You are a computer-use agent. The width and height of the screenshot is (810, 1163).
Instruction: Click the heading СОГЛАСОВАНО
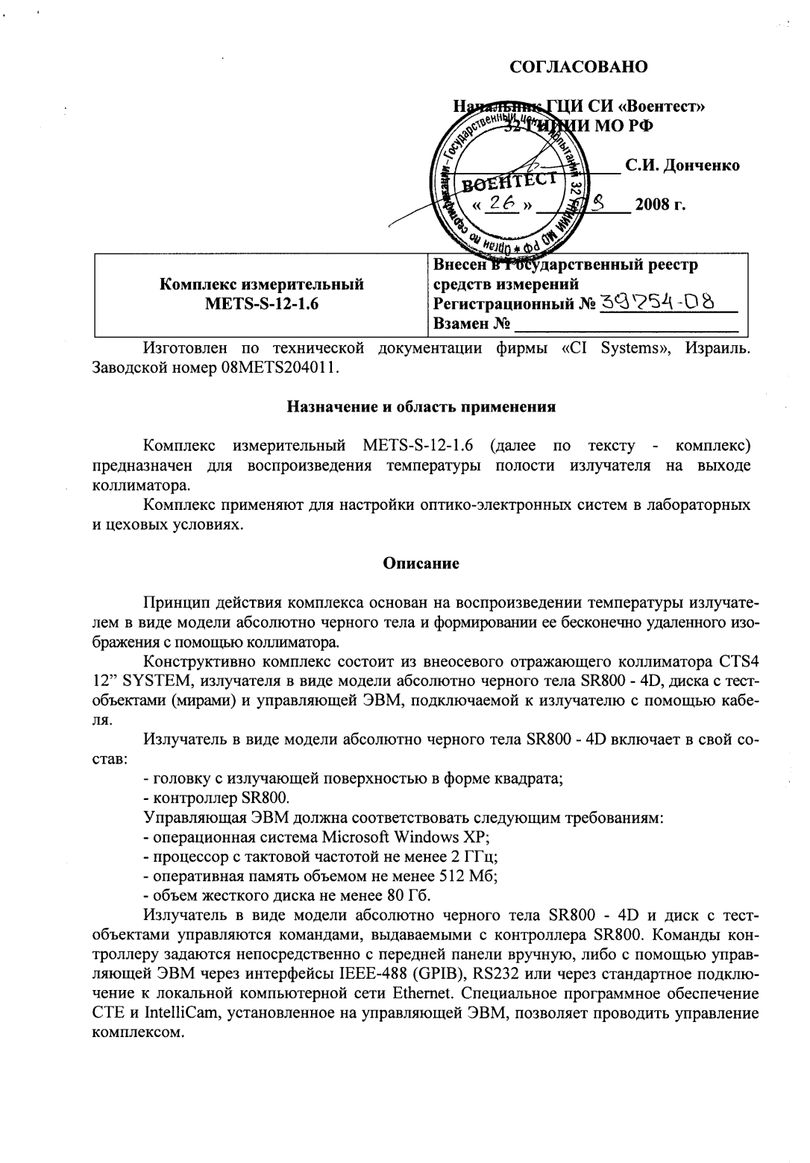coord(578,67)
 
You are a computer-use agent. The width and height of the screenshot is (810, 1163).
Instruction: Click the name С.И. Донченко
coord(682,166)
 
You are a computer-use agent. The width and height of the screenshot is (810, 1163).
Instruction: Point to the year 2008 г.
coord(660,204)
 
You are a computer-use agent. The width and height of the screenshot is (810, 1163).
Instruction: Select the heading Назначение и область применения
coord(421,407)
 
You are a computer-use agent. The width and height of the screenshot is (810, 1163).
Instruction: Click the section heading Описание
coord(421,564)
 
